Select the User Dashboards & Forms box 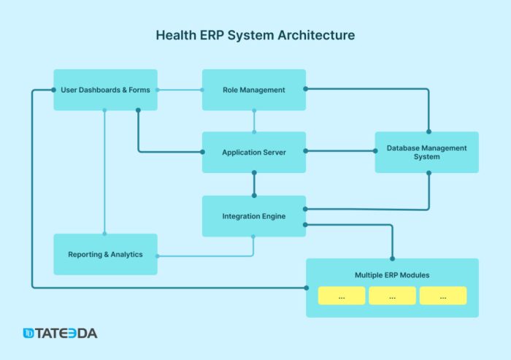click(105, 90)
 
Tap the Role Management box click(253, 90)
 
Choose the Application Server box click(253, 152)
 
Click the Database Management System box click(426, 152)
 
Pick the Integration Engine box click(253, 216)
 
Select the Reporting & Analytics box click(105, 254)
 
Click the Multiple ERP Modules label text click(392, 275)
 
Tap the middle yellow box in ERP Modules click(392, 296)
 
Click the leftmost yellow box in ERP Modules click(342, 296)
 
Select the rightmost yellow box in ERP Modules click(442, 296)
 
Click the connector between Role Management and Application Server click(254, 121)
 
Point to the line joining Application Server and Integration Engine click(254, 184)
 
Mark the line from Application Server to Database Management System click(340, 151)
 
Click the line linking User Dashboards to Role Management click(180, 90)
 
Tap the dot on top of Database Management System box click(429, 131)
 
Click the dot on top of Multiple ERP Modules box click(393, 258)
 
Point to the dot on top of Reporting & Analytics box click(105, 234)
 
